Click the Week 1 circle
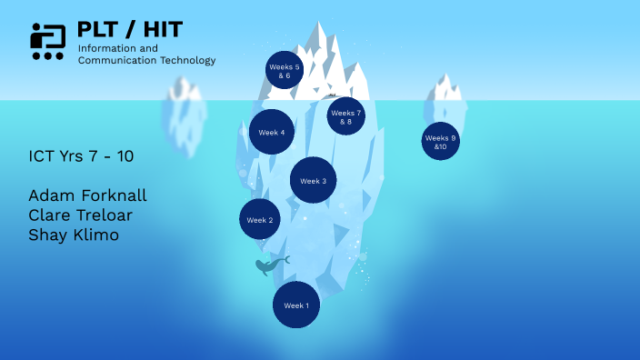pos(296,305)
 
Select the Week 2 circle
pos(259,219)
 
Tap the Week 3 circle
pos(314,180)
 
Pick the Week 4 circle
pos(271,132)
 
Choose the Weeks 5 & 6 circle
pos(285,70)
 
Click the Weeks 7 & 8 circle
pos(345,116)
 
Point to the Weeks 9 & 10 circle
pos(441,141)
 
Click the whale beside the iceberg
pos(269,265)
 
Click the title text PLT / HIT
pos(130,28)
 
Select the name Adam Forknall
pos(87,195)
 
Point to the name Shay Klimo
pos(74,235)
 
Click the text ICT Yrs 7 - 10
pos(81,156)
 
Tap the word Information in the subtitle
pos(104,47)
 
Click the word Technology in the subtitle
pos(186,60)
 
